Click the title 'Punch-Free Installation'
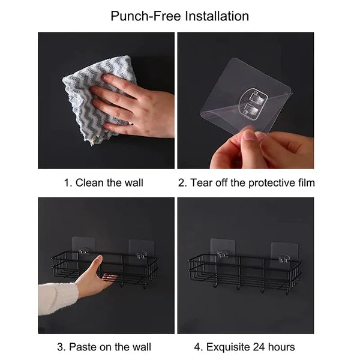[x=179, y=16]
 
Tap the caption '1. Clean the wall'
[x=103, y=182]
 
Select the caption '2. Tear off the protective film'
[x=246, y=182]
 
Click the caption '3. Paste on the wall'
[x=104, y=347]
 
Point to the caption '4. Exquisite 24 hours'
[x=245, y=347]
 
